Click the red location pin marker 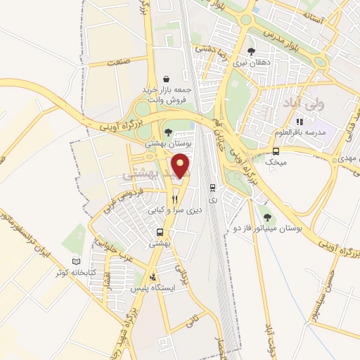[181, 166]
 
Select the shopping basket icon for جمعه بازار [167, 79]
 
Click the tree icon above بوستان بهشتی [167, 131]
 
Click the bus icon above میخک [276, 151]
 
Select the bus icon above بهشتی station [160, 232]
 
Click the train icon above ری [212, 188]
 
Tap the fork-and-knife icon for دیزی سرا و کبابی [174, 199]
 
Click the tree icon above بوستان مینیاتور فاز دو [266, 217]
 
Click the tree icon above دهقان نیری [251, 51]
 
